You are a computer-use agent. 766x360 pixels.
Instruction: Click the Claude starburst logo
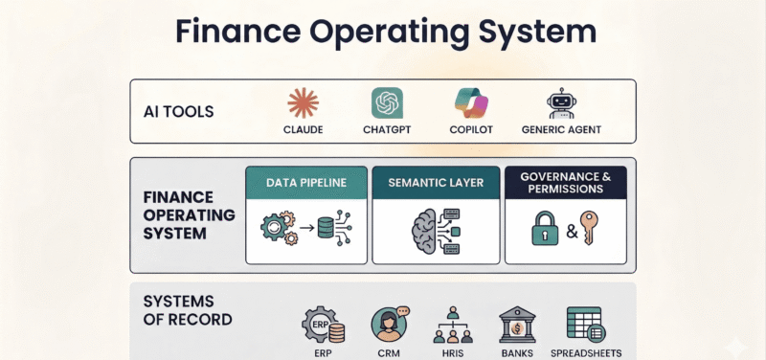(x=303, y=102)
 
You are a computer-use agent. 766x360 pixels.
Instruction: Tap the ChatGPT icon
(x=387, y=102)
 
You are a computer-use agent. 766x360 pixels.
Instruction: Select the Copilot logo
(x=471, y=102)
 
